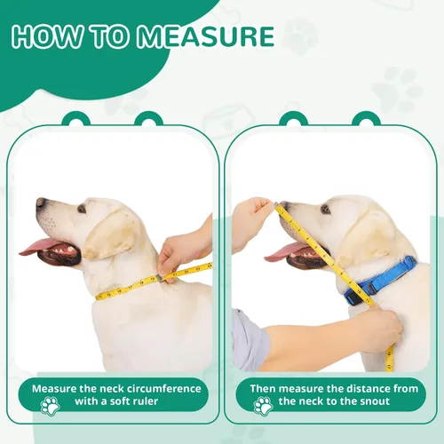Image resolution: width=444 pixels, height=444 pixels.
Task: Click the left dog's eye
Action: click(x=82, y=210)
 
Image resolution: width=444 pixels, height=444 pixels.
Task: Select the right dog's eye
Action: click(x=325, y=210)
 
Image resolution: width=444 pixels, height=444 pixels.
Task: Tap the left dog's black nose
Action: click(x=40, y=203)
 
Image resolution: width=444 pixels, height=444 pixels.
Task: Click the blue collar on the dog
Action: click(x=382, y=278)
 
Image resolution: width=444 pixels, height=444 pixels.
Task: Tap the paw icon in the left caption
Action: click(x=51, y=405)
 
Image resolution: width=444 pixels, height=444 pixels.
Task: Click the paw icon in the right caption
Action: click(x=262, y=405)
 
